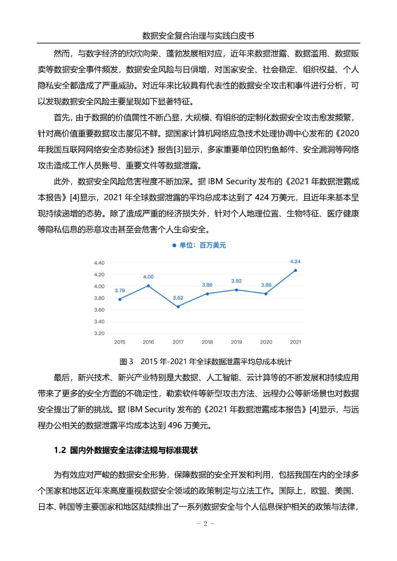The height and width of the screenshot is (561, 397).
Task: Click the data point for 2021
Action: (x=295, y=271)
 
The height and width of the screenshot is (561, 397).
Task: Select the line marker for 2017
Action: (x=178, y=307)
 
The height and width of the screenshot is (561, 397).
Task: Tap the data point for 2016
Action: (x=149, y=286)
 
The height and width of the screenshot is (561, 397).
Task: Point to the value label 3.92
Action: (x=236, y=281)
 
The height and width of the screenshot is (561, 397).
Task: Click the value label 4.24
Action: (x=295, y=261)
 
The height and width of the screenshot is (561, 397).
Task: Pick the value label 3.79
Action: (x=120, y=290)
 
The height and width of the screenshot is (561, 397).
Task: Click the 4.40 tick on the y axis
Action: (x=99, y=263)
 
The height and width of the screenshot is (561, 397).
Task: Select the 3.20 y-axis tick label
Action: (x=99, y=333)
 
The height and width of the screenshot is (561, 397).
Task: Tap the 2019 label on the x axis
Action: (x=236, y=342)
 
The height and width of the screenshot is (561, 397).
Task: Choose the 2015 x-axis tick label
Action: (x=120, y=342)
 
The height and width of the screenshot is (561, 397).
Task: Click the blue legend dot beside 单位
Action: (x=174, y=246)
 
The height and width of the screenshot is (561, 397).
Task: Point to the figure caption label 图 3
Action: (x=126, y=362)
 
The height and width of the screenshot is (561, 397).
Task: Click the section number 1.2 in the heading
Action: (x=60, y=450)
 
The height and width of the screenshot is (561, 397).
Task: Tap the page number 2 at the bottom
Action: (x=205, y=524)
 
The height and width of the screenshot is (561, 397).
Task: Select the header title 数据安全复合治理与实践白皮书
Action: (x=198, y=36)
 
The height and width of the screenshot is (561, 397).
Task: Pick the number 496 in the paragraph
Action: (x=175, y=425)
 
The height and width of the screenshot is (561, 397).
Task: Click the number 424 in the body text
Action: (x=262, y=197)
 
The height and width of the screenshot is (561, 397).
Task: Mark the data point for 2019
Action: (x=236, y=290)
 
